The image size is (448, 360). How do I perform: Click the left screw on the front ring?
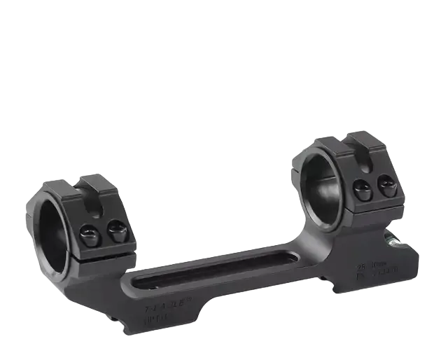pos(89,234)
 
